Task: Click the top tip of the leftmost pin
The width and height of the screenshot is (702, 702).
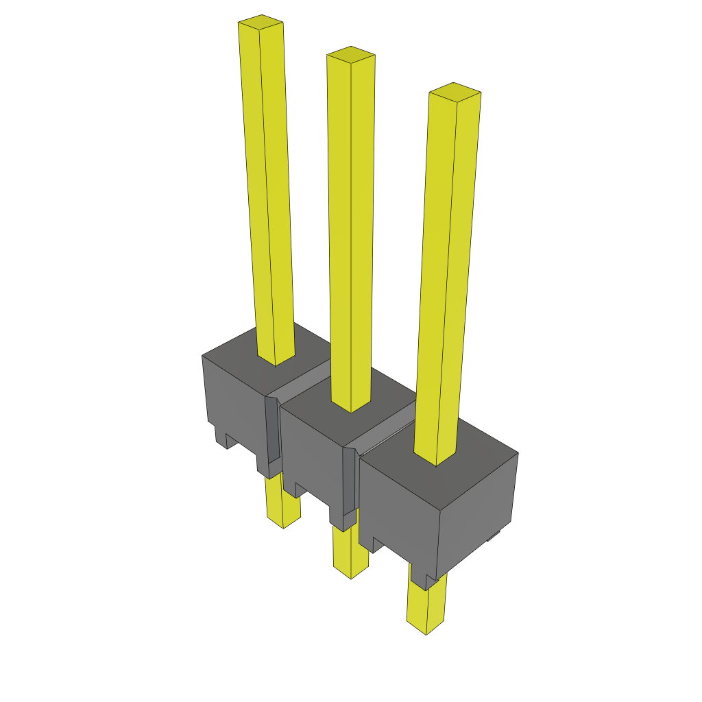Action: (x=261, y=23)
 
